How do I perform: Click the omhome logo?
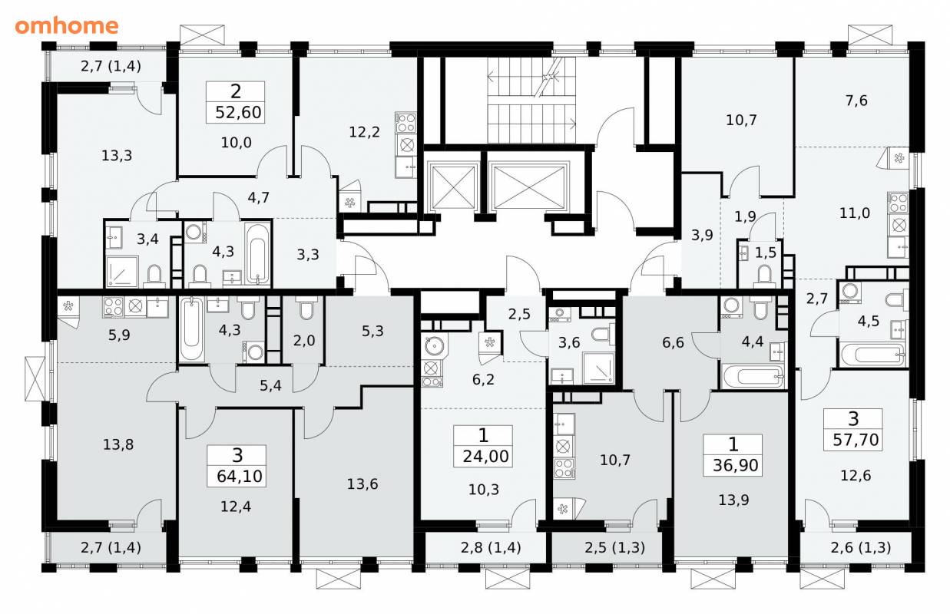pyautogui.click(x=67, y=26)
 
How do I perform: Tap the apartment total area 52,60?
pyautogui.click(x=238, y=113)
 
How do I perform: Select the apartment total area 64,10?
pyautogui.click(x=240, y=477)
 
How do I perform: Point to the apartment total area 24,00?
pyautogui.click(x=485, y=457)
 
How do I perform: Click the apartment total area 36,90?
pyautogui.click(x=736, y=465)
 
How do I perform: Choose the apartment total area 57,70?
pyautogui.click(x=856, y=440)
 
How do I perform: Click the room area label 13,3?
pyautogui.click(x=117, y=156)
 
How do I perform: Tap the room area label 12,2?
pyautogui.click(x=364, y=132)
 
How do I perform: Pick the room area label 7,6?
pyautogui.click(x=856, y=101)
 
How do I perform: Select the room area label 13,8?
pyautogui.click(x=118, y=445)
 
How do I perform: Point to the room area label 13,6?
pyautogui.click(x=362, y=484)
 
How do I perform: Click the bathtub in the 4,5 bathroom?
pyautogui.click(x=873, y=355)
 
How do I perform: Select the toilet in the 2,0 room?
pyautogui.click(x=305, y=308)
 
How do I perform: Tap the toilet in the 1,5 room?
pyautogui.click(x=764, y=275)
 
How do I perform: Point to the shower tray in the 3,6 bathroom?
pyautogui.click(x=598, y=368)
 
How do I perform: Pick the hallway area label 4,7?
pyautogui.click(x=258, y=198)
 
